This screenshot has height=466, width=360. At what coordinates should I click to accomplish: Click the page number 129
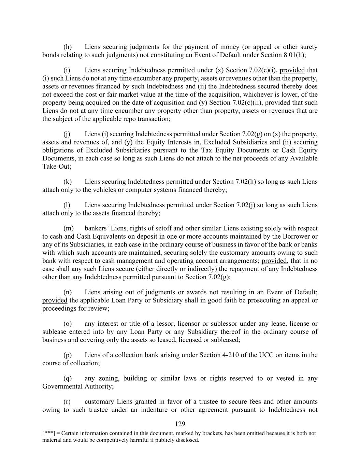coord(180,424)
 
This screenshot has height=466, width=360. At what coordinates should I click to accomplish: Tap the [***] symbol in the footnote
coord(47,433)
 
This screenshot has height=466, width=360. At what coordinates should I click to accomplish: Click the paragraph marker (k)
coord(68,182)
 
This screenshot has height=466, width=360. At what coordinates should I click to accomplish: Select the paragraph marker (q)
coord(68,378)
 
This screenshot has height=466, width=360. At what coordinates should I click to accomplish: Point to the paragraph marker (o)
coord(68,324)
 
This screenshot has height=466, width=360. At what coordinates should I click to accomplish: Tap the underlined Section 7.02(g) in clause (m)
coord(207,277)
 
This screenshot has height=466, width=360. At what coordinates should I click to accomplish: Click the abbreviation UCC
coord(266,355)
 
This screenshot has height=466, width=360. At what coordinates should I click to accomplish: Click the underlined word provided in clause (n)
coord(55,300)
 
